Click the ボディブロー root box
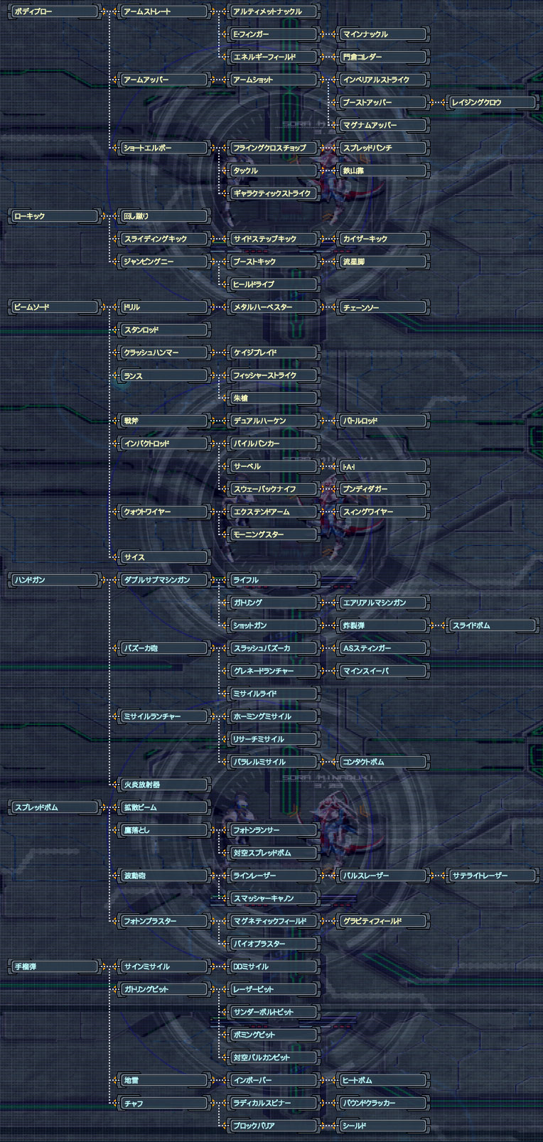(53, 11)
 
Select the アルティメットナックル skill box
(273, 11)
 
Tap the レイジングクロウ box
(492, 102)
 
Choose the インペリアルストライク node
(382, 80)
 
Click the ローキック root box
(53, 216)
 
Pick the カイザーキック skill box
(382, 239)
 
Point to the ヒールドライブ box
(273, 284)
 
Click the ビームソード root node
(53, 307)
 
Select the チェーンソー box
(382, 307)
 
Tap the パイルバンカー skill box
(273, 443)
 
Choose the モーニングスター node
(273, 534)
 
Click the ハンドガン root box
(53, 580)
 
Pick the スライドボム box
(492, 625)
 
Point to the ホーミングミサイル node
(273, 716)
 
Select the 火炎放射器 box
(163, 785)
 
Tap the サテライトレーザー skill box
(492, 876)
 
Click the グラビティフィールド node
(382, 921)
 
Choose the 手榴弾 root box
(53, 966)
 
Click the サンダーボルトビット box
(273, 1012)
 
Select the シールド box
(382, 1126)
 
